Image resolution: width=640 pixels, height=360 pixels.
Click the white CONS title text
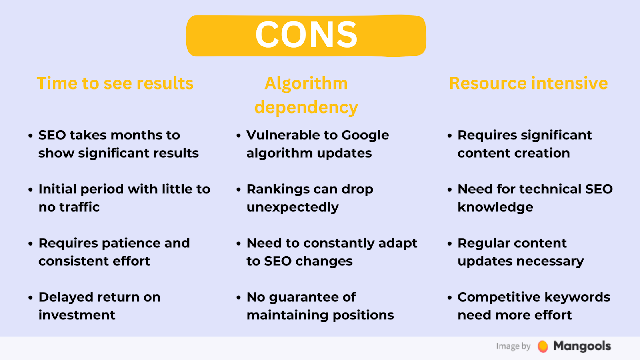tap(306, 35)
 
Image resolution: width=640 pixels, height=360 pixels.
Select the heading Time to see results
tap(115, 84)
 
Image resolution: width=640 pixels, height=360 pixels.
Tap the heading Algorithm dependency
tap(306, 96)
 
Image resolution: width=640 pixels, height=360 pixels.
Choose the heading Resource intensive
tap(528, 84)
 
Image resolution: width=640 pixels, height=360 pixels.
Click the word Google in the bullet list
tap(365, 136)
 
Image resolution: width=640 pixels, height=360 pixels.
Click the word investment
tap(77, 315)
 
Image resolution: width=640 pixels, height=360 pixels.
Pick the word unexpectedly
tap(292, 208)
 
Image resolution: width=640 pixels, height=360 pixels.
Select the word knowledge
tap(495, 208)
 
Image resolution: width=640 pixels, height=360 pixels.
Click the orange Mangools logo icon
tap(542, 346)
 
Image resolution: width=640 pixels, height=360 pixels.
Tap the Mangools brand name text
tap(582, 346)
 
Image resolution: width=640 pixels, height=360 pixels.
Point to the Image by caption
tap(514, 346)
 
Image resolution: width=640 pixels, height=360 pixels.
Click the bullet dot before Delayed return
tap(30, 298)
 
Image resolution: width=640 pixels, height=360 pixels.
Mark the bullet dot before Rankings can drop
tap(238, 190)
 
